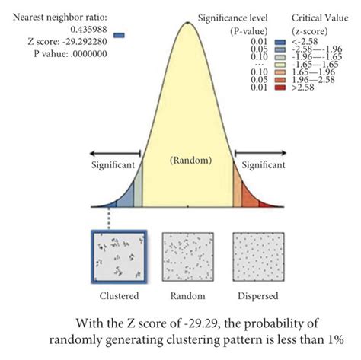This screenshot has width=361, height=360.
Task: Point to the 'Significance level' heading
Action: [x=232, y=17]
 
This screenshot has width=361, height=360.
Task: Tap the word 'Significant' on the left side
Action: [x=112, y=164]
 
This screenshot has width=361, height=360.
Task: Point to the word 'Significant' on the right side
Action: [x=264, y=164]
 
